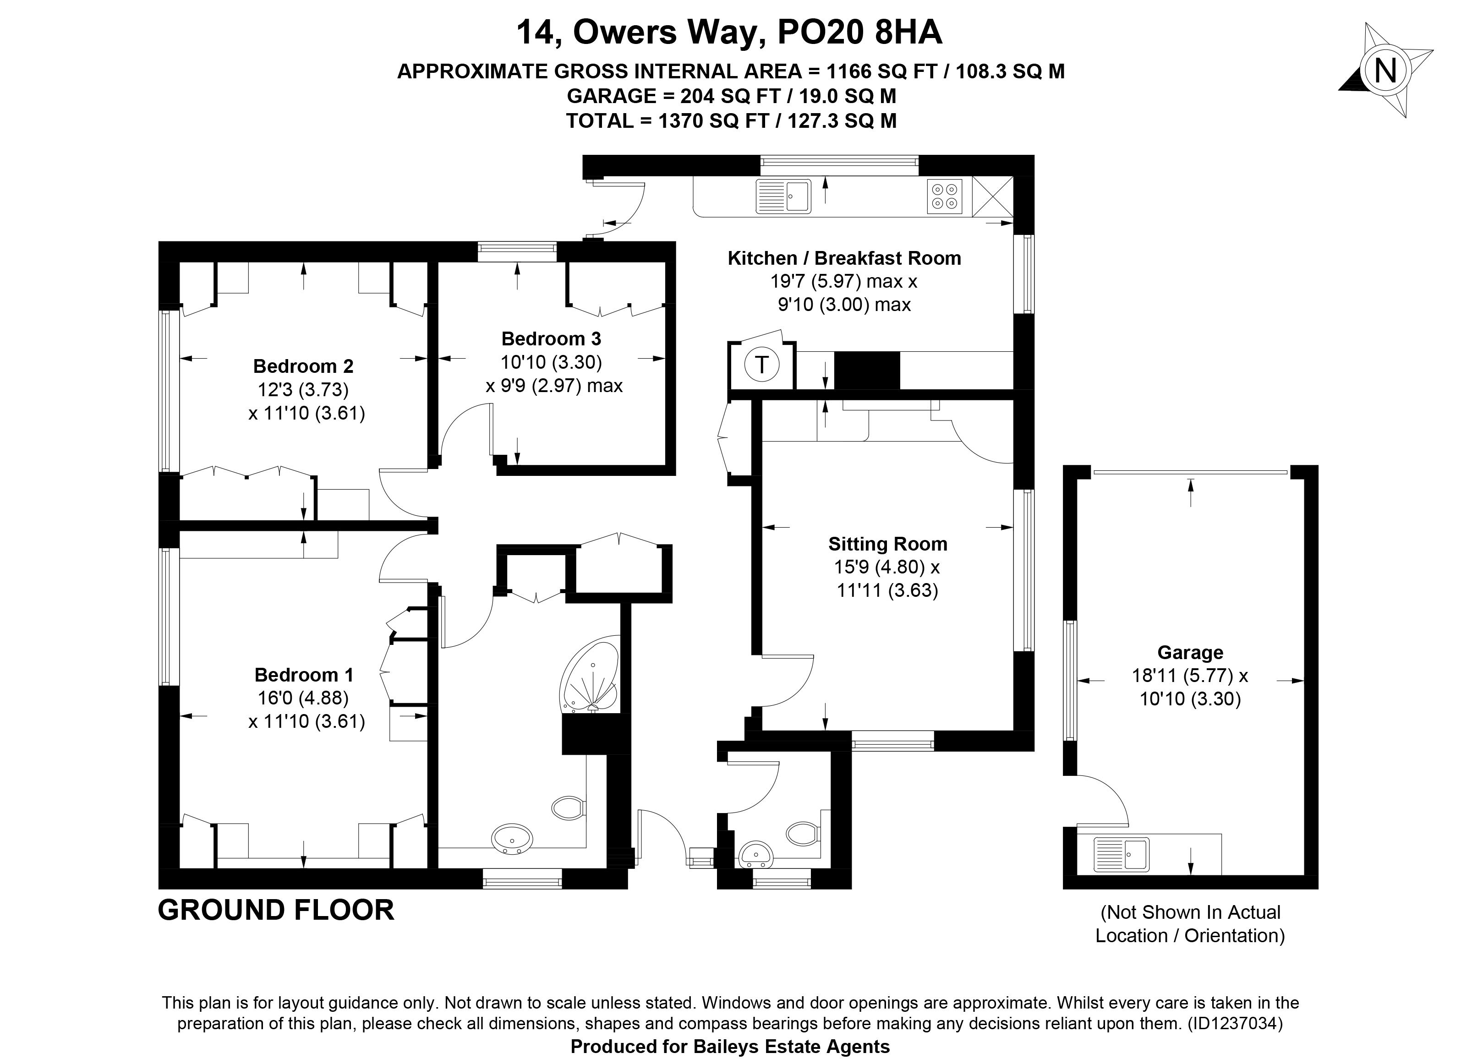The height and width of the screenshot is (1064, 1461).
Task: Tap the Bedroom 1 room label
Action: click(304, 675)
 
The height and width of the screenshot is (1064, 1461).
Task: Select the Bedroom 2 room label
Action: click(303, 366)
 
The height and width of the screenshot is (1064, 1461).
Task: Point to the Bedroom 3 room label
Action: click(552, 339)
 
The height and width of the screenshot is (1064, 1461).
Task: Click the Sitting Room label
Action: click(888, 544)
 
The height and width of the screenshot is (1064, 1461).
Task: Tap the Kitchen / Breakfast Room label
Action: click(844, 258)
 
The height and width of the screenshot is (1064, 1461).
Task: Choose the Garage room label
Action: click(1190, 652)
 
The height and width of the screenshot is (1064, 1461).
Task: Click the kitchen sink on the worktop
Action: click(782, 196)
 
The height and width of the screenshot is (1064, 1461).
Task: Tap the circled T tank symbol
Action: click(762, 365)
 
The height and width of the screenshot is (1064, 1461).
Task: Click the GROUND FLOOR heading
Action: click(276, 910)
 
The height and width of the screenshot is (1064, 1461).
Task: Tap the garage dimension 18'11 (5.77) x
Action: click(1190, 676)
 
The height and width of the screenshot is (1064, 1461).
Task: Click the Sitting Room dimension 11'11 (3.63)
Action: click(888, 590)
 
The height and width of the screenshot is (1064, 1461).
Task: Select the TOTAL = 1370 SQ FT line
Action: click(731, 120)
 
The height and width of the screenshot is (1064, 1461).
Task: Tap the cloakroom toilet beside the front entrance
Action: click(803, 834)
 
